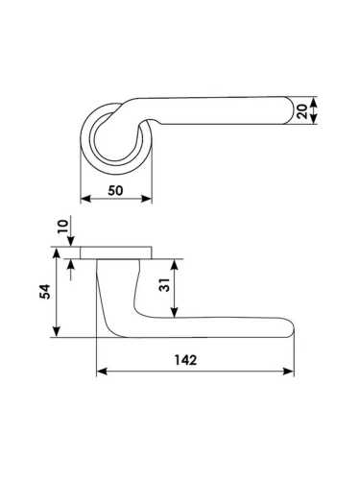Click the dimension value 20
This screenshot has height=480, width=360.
[x=302, y=110]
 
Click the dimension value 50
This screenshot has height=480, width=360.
[x=115, y=191]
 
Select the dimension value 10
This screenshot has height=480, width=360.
[x=64, y=227]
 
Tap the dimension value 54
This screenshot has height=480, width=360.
[x=45, y=292]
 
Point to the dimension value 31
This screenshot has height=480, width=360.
[x=164, y=285]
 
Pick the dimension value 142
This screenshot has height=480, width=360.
[x=185, y=360]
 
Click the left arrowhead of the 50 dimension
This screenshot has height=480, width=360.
[x=85, y=199]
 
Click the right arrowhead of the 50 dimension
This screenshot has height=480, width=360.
[x=147, y=199]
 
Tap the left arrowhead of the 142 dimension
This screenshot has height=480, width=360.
[x=102, y=372]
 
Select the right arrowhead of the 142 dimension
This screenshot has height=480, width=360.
[x=288, y=372]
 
